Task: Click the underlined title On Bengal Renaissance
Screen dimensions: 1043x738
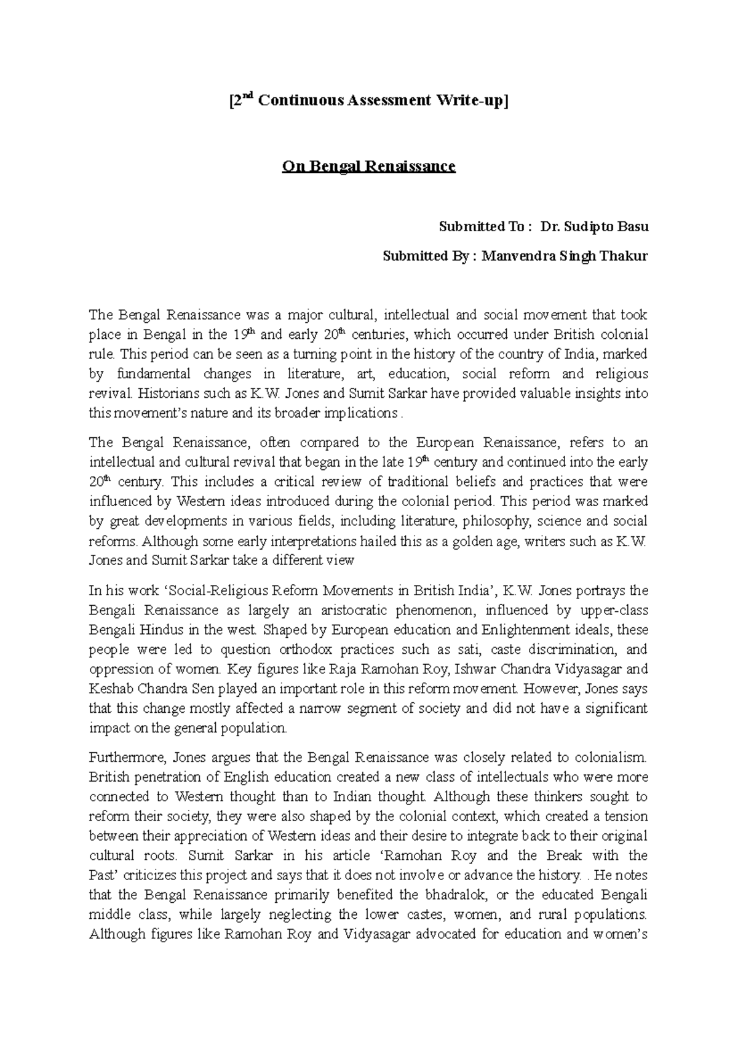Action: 368,167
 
